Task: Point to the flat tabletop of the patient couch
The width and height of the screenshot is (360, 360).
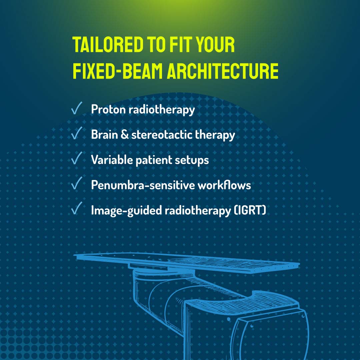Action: coord(187,262)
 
